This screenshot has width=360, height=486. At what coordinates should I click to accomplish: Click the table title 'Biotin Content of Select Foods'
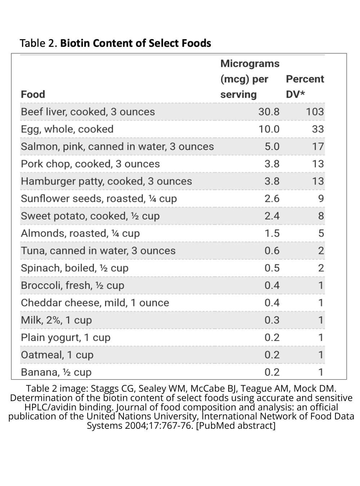coord(135,43)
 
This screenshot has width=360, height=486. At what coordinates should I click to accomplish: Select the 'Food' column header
coord(33,94)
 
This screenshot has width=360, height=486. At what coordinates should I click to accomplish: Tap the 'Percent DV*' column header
coord(305,86)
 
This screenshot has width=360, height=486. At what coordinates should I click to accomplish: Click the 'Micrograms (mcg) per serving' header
coord(249,79)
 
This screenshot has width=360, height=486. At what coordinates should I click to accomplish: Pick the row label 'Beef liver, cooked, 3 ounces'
coord(88,112)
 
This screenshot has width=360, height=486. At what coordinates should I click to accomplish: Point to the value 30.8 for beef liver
coord(269,112)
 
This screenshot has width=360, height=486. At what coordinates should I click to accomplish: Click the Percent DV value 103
coord(315,112)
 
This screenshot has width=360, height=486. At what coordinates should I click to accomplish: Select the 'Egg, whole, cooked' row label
coord(67,129)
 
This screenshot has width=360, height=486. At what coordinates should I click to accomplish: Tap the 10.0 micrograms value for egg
coord(269,129)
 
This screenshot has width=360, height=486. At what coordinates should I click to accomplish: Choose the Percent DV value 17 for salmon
coord(318,147)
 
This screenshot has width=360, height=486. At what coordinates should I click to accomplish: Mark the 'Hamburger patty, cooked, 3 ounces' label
coord(106,181)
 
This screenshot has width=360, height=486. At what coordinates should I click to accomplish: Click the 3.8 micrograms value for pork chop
coord(272,164)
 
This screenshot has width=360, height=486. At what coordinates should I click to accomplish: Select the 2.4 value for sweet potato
coord(272,216)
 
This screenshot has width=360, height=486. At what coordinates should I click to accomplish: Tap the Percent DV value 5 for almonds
coord(321,233)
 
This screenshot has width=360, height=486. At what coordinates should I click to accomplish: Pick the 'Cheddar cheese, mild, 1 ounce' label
coord(95,303)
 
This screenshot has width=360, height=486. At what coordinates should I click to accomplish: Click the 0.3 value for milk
coord(272,320)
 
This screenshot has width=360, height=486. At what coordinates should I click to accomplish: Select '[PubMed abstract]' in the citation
coord(236,426)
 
